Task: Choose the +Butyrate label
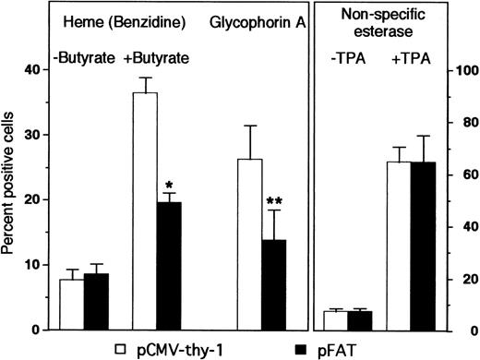(x=158, y=57)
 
